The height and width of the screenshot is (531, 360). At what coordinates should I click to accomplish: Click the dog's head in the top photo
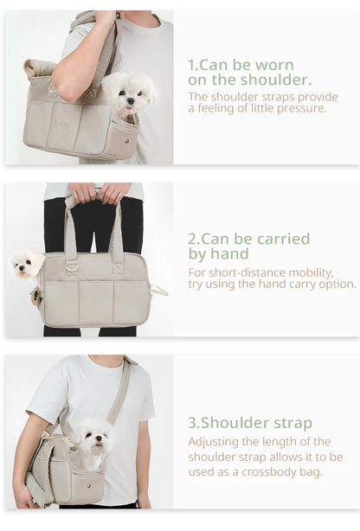[x=129, y=91]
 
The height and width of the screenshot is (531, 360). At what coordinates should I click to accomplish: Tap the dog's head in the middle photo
[x=27, y=262]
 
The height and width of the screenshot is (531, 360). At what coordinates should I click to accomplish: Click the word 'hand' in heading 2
[x=230, y=253]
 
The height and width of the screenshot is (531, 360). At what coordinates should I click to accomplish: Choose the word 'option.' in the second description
[x=335, y=284]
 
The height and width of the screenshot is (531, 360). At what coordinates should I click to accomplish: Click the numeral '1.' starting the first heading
[x=193, y=65]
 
